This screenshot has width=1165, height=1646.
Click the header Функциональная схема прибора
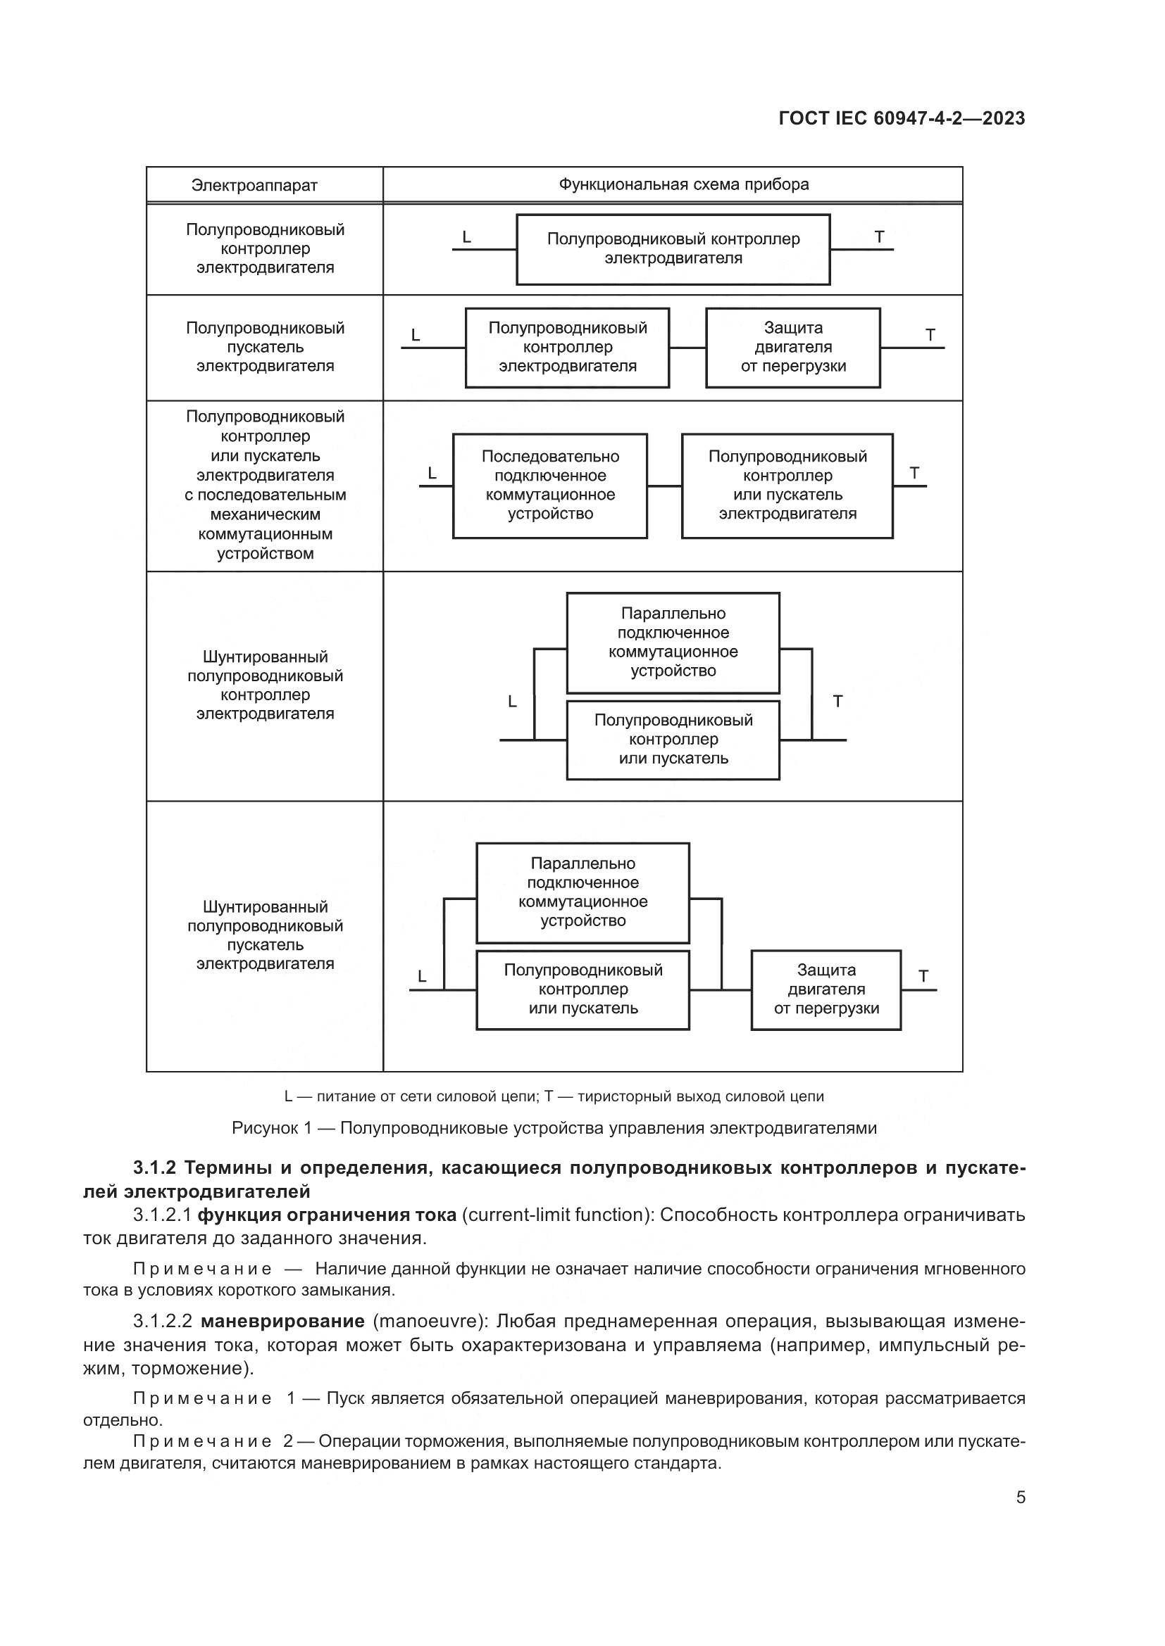point(684,184)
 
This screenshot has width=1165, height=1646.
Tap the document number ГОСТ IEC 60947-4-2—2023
point(902,118)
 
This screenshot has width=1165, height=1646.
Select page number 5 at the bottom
point(1020,1498)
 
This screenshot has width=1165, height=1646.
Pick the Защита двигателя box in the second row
point(792,348)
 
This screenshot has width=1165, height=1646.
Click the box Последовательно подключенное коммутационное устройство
point(550,486)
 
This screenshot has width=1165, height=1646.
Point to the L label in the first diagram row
point(467,237)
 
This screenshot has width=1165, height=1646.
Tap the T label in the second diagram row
point(930,335)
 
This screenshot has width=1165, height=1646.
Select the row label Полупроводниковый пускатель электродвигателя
point(266,347)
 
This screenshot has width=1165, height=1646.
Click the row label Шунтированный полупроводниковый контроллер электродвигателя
point(266,685)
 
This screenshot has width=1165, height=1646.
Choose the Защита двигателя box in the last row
point(826,989)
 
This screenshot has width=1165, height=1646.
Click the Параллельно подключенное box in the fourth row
point(673,642)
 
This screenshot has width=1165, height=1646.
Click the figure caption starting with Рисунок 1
point(554,1127)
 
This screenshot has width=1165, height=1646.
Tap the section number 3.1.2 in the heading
point(154,1168)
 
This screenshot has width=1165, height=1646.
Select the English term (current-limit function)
point(556,1215)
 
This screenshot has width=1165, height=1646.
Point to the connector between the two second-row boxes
point(687,348)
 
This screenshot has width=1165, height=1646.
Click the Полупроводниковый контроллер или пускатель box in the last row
point(582,989)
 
